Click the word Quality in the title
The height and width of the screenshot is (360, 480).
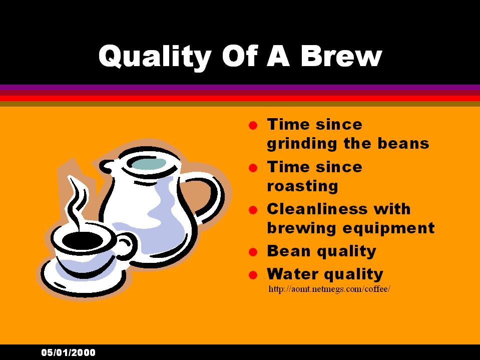(x=155, y=57)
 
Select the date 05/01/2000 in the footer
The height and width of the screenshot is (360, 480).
(x=68, y=352)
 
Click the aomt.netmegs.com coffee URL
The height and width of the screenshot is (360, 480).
(x=329, y=289)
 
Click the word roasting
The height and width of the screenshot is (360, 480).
(x=302, y=186)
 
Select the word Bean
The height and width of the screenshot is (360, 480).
(x=289, y=251)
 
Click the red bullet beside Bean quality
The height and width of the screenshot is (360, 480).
(x=253, y=252)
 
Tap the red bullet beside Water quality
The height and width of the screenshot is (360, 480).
(x=253, y=275)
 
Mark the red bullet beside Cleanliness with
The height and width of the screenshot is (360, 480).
(x=253, y=210)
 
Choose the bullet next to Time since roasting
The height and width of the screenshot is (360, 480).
(x=253, y=168)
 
